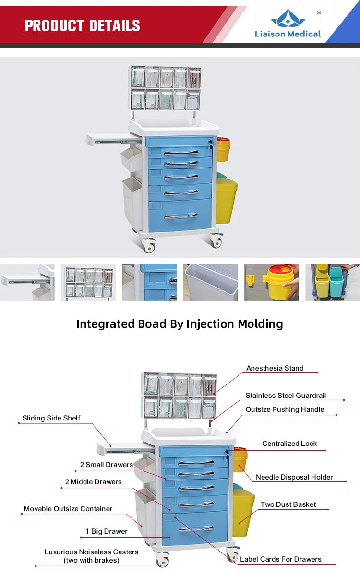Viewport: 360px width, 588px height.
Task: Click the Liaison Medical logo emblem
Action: tap(288, 18)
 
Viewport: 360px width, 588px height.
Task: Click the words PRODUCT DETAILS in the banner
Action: tap(82, 25)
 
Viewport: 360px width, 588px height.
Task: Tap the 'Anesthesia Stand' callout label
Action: tap(275, 368)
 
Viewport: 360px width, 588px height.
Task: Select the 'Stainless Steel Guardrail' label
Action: tap(286, 396)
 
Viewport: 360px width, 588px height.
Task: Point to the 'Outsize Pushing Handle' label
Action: tap(285, 409)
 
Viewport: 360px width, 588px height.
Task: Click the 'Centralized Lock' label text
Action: tap(289, 444)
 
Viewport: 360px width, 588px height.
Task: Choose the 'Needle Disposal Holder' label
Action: tap(294, 477)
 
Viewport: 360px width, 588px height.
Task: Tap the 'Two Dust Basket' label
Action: tap(288, 504)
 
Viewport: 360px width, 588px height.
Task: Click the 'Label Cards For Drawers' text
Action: tap(280, 559)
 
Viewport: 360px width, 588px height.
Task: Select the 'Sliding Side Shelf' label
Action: tap(51, 418)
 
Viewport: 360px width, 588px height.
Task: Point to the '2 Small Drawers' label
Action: tap(107, 465)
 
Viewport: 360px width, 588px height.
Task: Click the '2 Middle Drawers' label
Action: tap(93, 482)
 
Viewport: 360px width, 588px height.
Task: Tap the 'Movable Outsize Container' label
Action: tap(68, 509)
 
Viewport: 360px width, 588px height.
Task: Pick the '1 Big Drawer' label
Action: tap(107, 531)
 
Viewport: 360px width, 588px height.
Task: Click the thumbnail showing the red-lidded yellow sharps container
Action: tap(272, 282)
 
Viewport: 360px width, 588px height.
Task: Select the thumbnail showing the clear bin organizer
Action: tap(88, 282)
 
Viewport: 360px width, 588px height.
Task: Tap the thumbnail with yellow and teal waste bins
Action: tap(333, 282)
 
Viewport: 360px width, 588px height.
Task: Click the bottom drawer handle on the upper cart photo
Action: tap(181, 216)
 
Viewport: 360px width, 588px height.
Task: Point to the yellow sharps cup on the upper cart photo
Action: tap(224, 149)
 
